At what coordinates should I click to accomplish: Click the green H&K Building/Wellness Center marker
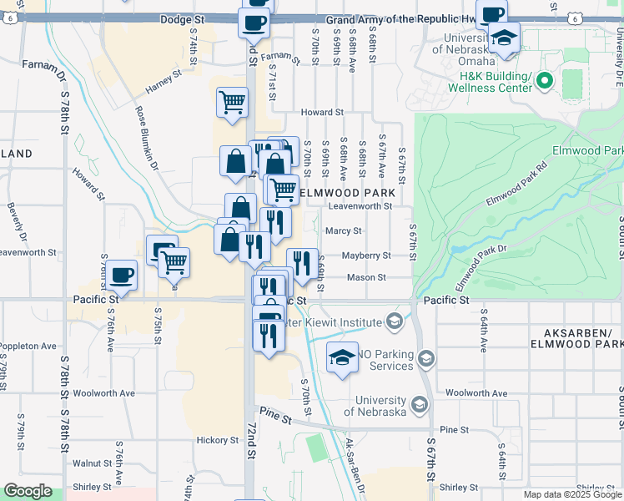point(545,81)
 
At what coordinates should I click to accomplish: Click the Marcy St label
point(344,230)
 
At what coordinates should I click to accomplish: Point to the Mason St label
point(366,277)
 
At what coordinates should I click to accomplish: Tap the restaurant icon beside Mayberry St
point(302,262)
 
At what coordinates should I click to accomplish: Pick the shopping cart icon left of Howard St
point(232,103)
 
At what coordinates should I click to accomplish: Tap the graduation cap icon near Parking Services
point(341,357)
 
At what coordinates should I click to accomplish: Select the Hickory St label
point(219,440)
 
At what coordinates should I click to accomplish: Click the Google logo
point(28,491)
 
